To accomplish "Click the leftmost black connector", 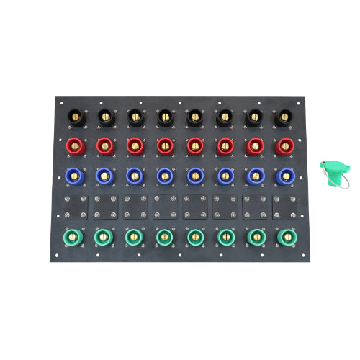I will point(73,116).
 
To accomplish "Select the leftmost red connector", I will point(73,146).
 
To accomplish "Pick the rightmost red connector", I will point(284,146).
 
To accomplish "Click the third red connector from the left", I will point(134,146).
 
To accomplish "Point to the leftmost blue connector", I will point(73,176).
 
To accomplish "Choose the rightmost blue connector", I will point(284,176).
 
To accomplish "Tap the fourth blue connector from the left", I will point(164,176).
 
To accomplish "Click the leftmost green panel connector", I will point(73,236).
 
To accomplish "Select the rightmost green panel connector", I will point(284,236).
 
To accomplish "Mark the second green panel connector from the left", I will point(104,236).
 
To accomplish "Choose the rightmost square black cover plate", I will point(284,207).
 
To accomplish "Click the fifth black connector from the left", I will point(194,116).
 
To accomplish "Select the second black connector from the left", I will point(104,116).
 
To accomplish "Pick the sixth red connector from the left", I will point(225,146).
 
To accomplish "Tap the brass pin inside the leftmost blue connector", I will point(73,174).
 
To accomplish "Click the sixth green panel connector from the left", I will point(225,236).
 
